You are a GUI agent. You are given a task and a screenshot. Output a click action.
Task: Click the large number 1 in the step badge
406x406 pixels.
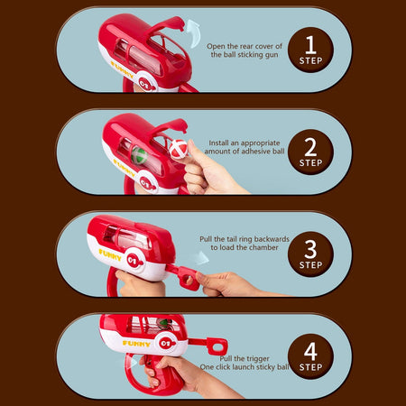310,45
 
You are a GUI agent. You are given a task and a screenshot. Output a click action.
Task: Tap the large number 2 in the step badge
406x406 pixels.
310,147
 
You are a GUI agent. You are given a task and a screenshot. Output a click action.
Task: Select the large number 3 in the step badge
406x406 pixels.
310,249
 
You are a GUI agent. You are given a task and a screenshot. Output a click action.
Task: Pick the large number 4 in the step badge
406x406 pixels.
310,352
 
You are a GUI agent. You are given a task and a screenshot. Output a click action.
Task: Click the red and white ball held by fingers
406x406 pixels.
179,149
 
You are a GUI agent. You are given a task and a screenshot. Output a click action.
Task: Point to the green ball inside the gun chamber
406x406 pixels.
139,155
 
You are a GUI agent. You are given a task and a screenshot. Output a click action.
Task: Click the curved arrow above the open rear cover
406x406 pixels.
192,32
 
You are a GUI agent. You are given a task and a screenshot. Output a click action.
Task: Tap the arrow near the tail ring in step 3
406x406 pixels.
200,258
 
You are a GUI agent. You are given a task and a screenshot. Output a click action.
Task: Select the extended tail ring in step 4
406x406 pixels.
217,346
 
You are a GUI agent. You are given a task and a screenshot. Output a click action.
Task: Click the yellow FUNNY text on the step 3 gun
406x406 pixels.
110,255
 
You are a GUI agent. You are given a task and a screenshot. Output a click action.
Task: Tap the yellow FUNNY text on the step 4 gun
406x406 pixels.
136,344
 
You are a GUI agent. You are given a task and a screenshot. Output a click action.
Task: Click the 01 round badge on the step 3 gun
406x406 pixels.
133,261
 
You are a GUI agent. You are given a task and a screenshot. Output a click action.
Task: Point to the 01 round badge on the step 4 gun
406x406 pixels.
166,344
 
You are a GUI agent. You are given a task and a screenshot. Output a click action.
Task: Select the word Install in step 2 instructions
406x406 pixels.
219,143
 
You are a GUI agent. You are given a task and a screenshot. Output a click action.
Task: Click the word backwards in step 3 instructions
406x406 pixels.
272,239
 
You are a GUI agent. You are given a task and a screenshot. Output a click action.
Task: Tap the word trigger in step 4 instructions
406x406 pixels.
257,359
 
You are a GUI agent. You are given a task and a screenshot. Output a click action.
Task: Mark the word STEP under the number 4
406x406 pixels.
310,367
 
